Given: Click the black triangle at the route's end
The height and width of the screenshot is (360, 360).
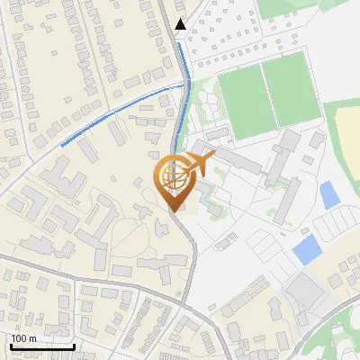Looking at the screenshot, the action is pos(181,24).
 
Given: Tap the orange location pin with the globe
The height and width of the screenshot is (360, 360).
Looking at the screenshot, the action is pos(175,181).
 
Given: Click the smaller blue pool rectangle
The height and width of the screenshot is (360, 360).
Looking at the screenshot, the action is pos(329,193).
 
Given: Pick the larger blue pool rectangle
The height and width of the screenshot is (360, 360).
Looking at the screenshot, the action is pos(307,249).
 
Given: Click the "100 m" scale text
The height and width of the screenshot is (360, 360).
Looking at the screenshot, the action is pos(24,338).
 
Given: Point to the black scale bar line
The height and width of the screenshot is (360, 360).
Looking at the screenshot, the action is pos(42,346).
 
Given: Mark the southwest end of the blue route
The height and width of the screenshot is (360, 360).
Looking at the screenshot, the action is pos(62,144).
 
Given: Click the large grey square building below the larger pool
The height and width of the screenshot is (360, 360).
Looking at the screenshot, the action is pos(306,291).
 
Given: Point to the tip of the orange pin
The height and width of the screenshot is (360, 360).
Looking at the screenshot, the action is pos(175,211).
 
